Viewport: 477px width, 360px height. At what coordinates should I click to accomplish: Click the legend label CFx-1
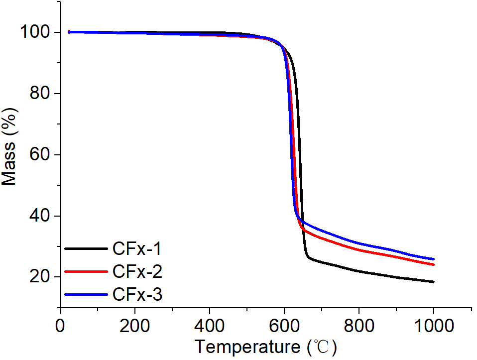point(137,248)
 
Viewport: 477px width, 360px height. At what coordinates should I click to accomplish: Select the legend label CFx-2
point(137,271)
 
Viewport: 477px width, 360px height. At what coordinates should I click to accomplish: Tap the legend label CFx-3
point(137,294)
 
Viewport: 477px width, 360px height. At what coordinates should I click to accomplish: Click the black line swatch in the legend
point(86,248)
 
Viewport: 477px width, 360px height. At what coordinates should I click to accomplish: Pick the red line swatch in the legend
point(86,271)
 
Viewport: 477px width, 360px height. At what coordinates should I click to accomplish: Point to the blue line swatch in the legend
point(86,294)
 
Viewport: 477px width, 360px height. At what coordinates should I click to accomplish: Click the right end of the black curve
point(433,282)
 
